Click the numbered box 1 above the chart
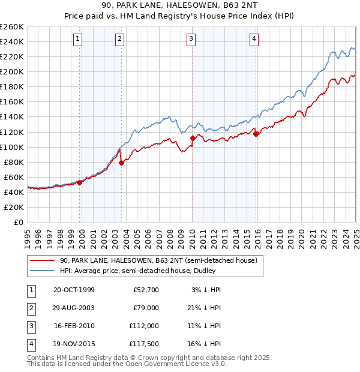(79, 40)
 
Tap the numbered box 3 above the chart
(191, 40)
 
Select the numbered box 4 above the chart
(254, 40)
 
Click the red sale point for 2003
(121, 163)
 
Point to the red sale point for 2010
(193, 138)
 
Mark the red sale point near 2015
(256, 134)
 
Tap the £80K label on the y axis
(14, 162)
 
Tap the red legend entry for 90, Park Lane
(158, 260)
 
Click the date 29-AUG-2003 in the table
(74, 308)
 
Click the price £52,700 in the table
(146, 290)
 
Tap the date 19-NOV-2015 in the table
(74, 344)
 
